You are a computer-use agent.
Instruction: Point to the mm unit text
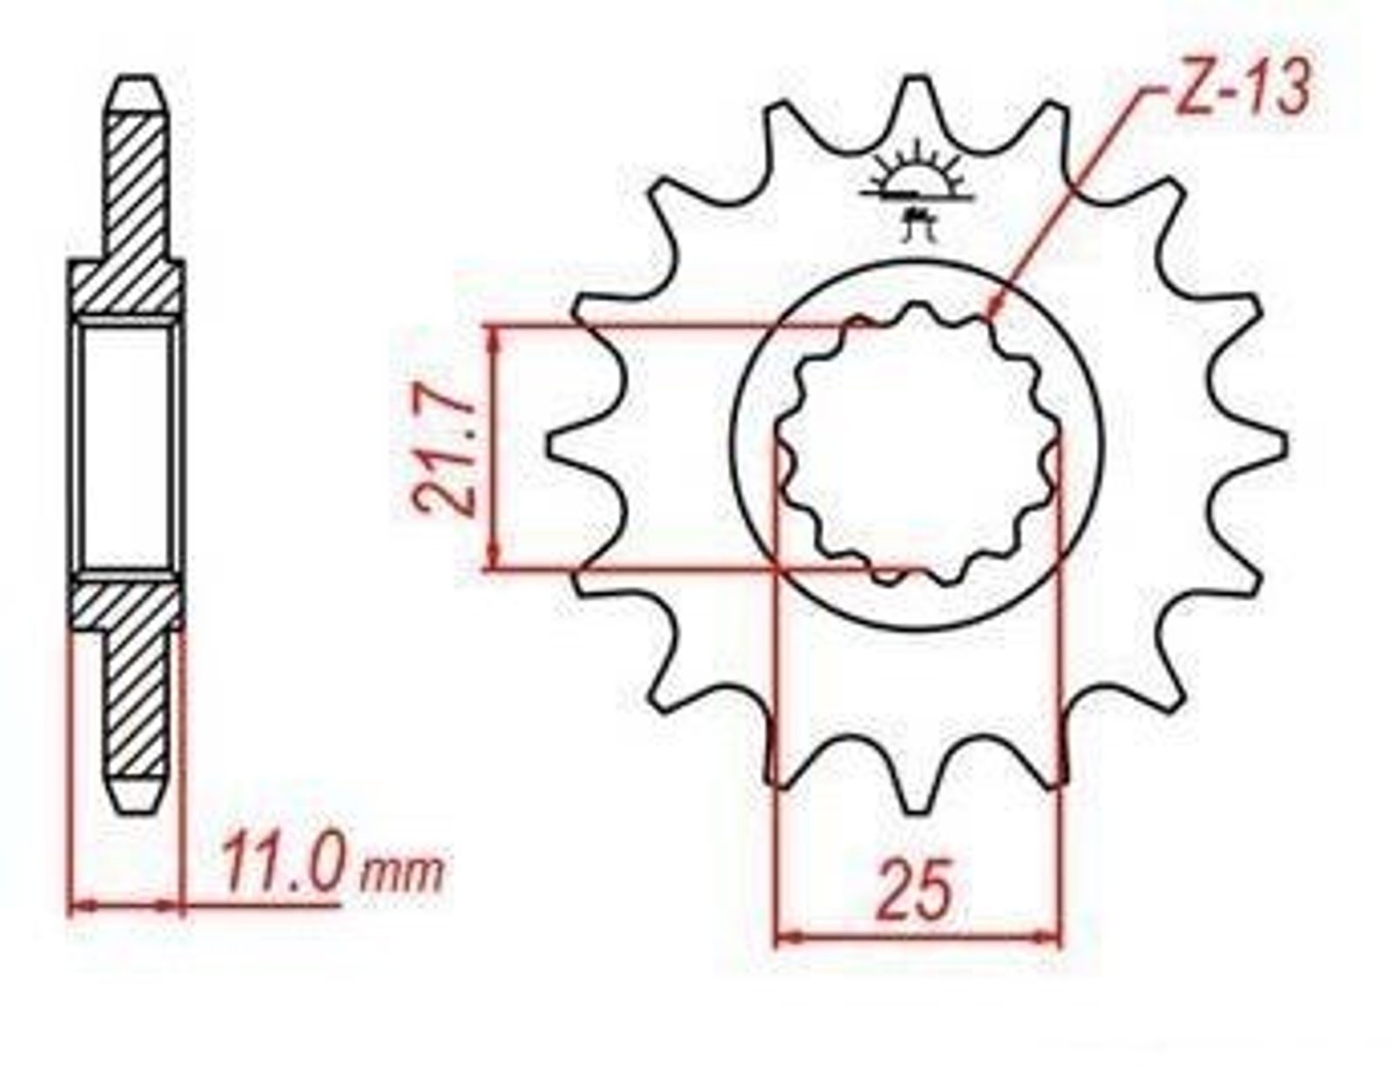tap(401, 874)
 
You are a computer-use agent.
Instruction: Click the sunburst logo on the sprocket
tap(918, 190)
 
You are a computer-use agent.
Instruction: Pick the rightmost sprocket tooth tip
tap(1285, 443)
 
